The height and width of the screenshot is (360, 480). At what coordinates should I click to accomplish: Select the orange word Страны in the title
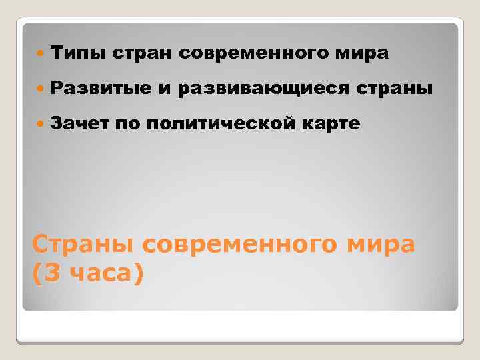82,245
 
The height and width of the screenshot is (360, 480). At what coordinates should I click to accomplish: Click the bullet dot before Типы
42,53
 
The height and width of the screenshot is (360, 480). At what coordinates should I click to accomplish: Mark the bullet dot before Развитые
42,88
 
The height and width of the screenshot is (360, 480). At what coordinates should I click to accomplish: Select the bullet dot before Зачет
42,123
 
